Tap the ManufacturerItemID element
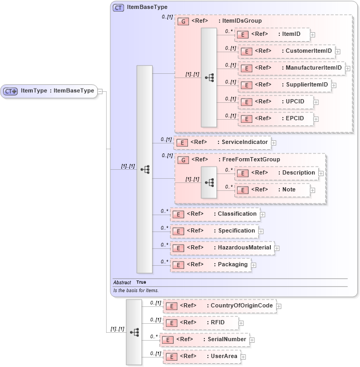[291, 68]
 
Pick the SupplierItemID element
[285, 85]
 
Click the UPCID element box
[276, 102]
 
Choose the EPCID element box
[276, 119]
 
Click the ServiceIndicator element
[222, 142]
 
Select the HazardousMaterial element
[222, 247]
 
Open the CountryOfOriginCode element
[219, 306]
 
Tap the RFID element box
[201, 323]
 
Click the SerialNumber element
[204, 340]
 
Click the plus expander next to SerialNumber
[252, 340]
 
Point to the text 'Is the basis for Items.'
[136, 291]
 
